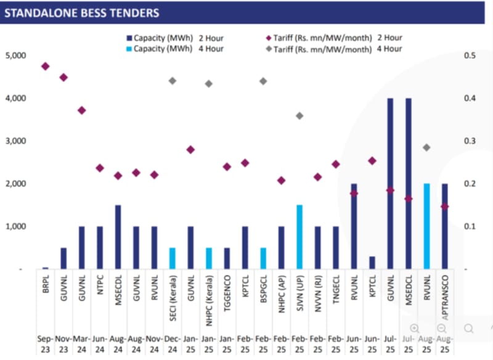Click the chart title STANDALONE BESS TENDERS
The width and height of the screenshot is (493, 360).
click(x=82, y=13)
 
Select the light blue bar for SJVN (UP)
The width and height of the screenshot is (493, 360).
click(x=299, y=237)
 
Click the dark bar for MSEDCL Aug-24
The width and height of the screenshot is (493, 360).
click(x=118, y=237)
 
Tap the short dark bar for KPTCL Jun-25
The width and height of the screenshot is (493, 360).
click(x=372, y=263)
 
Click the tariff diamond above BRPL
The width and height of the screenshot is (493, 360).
click(x=45, y=66)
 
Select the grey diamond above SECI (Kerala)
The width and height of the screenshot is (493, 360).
click(x=173, y=81)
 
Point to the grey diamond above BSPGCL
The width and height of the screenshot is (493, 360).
click(x=263, y=81)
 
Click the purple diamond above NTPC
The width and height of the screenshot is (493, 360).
click(x=100, y=168)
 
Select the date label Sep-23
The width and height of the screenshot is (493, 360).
click(x=45, y=343)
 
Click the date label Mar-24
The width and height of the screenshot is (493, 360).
click(x=81, y=343)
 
